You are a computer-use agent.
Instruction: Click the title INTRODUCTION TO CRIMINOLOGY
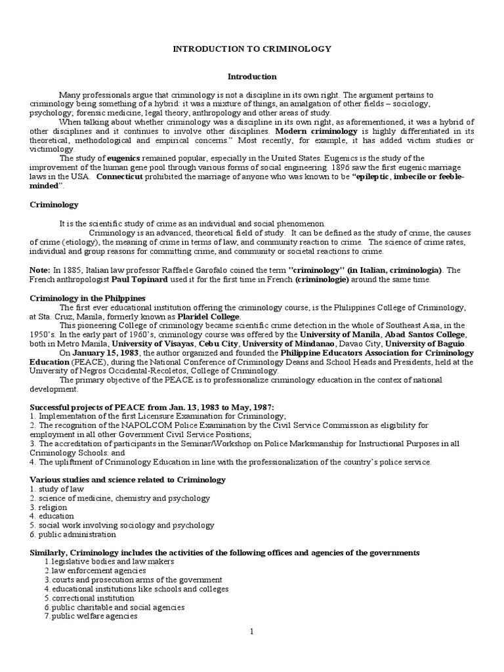click(x=252, y=49)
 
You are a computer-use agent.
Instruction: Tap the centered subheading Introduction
click(x=251, y=77)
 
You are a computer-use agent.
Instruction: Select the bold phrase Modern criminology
click(x=312, y=131)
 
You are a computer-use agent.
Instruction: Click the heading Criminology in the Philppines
click(x=87, y=298)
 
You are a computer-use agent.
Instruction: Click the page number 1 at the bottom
click(x=251, y=632)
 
